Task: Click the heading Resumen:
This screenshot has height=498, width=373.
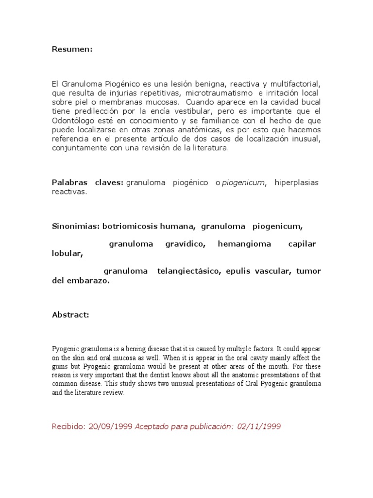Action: [72, 50]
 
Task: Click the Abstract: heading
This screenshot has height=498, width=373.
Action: [70, 315]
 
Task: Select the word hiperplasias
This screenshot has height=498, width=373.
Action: [296, 183]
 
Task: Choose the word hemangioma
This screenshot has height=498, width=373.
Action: [244, 244]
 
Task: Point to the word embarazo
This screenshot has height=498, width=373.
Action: [89, 281]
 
